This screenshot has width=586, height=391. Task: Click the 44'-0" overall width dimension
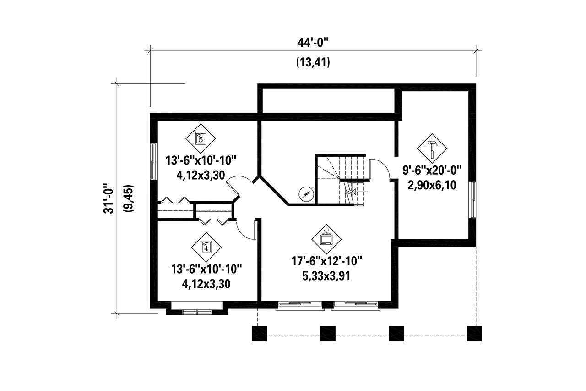pos(313,43)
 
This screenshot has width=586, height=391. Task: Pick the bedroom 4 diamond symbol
pos(206,247)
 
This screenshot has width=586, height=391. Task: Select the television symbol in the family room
pos(326,239)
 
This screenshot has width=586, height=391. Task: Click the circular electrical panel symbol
pos(304,194)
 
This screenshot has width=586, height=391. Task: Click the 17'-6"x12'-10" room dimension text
pos(327,261)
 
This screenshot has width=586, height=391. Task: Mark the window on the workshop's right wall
pos(472,199)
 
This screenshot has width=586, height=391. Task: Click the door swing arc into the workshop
pos(380,168)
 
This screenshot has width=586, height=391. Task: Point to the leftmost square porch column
pos(260,333)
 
